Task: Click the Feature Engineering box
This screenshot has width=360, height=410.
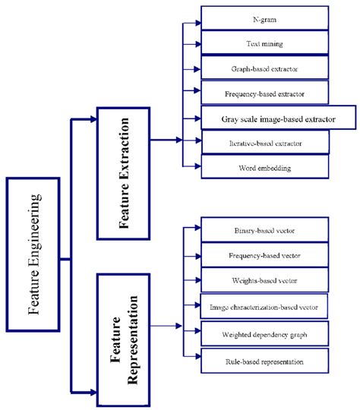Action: tap(33, 254)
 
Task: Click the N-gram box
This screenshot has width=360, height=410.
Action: tap(264, 18)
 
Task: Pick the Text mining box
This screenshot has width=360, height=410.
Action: tap(264, 43)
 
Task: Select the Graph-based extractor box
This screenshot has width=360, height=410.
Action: tap(264, 68)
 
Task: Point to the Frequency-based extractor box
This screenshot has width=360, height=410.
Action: tap(264, 93)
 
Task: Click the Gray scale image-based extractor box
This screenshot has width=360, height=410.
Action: tap(279, 118)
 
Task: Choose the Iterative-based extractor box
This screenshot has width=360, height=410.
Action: tap(264, 141)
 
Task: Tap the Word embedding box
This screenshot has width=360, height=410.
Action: tap(264, 166)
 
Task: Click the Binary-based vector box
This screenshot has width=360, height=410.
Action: tap(264, 230)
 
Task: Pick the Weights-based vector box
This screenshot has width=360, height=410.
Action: tap(264, 281)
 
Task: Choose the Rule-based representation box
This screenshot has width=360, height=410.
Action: tap(264, 361)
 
